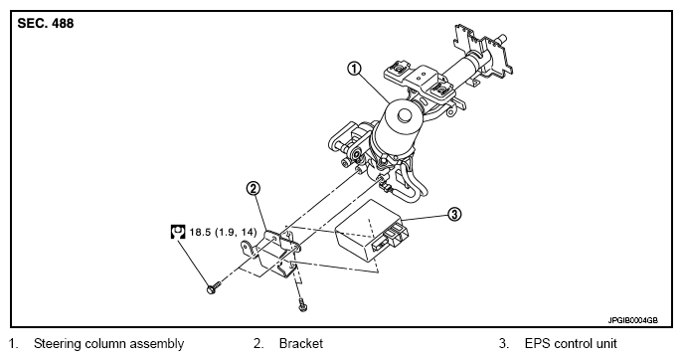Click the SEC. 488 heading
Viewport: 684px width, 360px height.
click(x=46, y=23)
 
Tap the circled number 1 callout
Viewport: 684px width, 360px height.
click(x=354, y=69)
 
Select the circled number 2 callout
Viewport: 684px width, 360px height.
click(x=253, y=189)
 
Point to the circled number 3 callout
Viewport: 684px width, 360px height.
click(x=454, y=214)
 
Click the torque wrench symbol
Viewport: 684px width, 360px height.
click(x=178, y=232)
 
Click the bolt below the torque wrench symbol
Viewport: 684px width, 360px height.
click(x=214, y=288)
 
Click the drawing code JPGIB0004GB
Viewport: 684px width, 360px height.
click(x=633, y=321)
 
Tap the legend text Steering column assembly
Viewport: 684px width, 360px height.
click(x=108, y=344)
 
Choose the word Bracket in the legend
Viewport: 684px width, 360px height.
click(x=301, y=344)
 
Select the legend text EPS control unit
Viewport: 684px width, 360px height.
click(x=571, y=344)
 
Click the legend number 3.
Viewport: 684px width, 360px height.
click(x=504, y=344)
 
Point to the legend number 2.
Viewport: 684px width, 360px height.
click(x=258, y=344)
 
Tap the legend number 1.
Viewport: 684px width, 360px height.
click(x=13, y=344)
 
